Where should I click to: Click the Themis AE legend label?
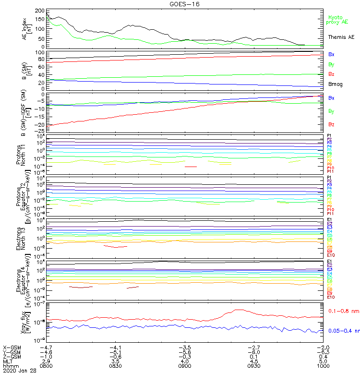point(341,37)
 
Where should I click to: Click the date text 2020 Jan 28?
point(20,371)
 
